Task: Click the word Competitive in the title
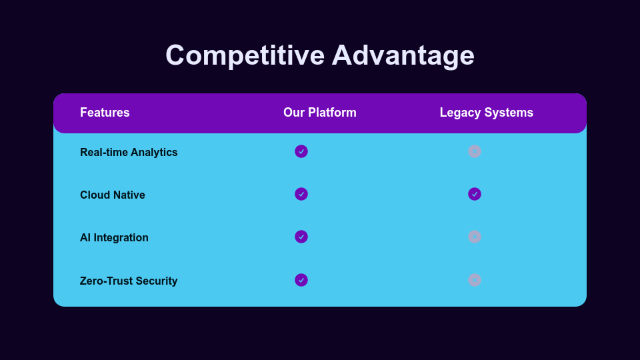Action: pyautogui.click(x=245, y=55)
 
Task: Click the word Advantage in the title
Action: pyautogui.click(x=403, y=55)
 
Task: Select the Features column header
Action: pyautogui.click(x=105, y=112)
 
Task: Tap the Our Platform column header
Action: pyautogui.click(x=320, y=112)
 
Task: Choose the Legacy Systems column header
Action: pyautogui.click(x=487, y=113)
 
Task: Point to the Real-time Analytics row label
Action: pyautogui.click(x=129, y=152)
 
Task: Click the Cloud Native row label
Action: pyautogui.click(x=112, y=195)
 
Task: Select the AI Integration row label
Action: pyautogui.click(x=114, y=237)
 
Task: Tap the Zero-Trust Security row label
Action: pyautogui.click(x=129, y=281)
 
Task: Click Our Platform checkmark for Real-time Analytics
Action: pyautogui.click(x=301, y=151)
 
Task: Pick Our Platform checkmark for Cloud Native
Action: pyautogui.click(x=301, y=194)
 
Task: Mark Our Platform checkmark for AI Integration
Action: pyautogui.click(x=301, y=237)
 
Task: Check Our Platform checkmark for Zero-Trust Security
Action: pyautogui.click(x=301, y=280)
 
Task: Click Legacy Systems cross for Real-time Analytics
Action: pyautogui.click(x=475, y=151)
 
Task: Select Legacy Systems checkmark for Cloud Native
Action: pyautogui.click(x=475, y=194)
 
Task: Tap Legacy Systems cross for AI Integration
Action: pyautogui.click(x=475, y=237)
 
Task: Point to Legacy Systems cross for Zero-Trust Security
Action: pyautogui.click(x=475, y=280)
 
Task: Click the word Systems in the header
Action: pyautogui.click(x=508, y=113)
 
